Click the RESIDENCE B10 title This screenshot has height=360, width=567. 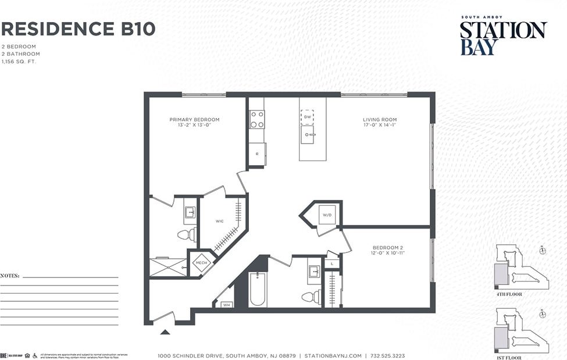pos(79,28)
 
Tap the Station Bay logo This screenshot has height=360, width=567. pos(503,36)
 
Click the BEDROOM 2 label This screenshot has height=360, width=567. pos(387,249)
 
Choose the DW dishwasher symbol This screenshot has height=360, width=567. pos(307,117)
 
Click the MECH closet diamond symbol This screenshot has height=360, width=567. pos(201,263)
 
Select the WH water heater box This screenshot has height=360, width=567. pos(226,304)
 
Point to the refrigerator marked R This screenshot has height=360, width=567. pos(257,154)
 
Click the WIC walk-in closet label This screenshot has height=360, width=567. pos(219,222)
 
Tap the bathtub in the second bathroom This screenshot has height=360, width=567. pos(258,290)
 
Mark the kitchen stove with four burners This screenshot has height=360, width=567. pos(256,119)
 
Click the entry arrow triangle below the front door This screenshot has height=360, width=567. pos(165,332)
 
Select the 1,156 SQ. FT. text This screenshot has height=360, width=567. pos(19,61)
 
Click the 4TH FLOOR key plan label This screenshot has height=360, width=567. pos(509,294)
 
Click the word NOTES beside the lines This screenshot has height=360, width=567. pos(10,275)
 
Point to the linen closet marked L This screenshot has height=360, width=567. pos(331,264)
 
